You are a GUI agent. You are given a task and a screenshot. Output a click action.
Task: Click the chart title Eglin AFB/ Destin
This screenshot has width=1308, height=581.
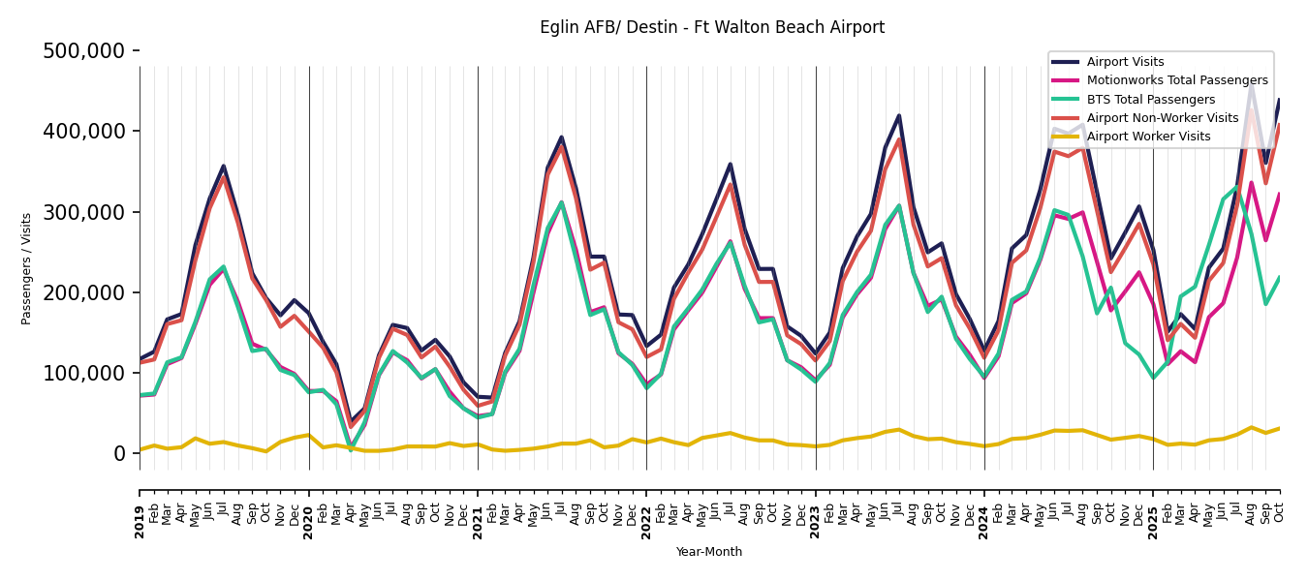711,27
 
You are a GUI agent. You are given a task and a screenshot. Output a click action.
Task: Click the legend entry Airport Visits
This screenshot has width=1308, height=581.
1125,62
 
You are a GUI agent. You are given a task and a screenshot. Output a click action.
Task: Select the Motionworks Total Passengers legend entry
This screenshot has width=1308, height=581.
1176,80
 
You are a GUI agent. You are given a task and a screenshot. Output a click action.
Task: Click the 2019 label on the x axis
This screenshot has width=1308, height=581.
140,521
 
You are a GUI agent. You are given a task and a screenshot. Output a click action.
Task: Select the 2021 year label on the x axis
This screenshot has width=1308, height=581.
478,521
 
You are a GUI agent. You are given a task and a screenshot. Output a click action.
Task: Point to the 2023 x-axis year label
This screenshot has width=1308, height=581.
816,521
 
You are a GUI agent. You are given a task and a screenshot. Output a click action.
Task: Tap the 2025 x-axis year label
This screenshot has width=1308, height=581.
1153,521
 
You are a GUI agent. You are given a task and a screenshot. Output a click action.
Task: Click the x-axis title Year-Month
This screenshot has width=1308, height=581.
709,552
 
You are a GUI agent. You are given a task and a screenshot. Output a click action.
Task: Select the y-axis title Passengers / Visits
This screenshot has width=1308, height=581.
27,268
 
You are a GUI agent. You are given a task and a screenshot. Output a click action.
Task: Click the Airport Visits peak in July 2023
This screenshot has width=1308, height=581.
899,116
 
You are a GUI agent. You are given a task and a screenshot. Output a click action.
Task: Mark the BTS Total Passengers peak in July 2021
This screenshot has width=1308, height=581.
561,202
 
